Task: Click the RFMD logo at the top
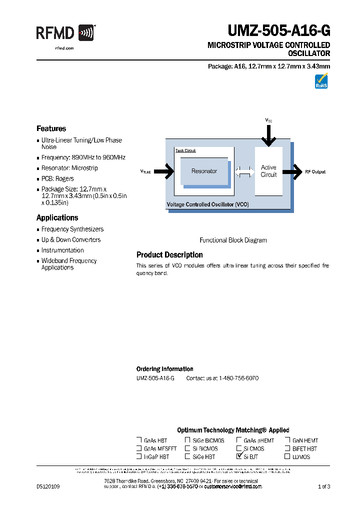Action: tap(65, 33)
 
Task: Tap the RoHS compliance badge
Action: tap(321, 81)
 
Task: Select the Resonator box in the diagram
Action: tap(204, 171)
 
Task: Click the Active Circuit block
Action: tap(268, 171)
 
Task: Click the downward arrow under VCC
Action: tap(269, 135)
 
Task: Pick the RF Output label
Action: tap(315, 171)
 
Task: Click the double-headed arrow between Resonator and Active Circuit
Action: tap(244, 171)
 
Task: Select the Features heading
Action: tap(51, 128)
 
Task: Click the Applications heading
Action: tap(57, 217)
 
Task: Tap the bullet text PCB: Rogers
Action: tap(57, 178)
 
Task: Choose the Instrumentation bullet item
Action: tap(62, 250)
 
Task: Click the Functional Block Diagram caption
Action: tap(233, 240)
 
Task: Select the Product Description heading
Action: tap(169, 254)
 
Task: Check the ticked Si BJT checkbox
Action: tap(239, 456)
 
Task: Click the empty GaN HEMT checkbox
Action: tap(287, 440)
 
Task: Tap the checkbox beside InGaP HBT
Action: tap(139, 456)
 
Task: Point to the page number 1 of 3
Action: tap(324, 486)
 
